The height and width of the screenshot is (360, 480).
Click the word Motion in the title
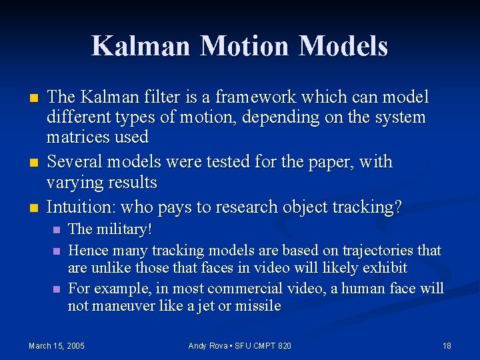(246, 46)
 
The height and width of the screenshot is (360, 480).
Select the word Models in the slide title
(343, 46)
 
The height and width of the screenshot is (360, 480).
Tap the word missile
(259, 307)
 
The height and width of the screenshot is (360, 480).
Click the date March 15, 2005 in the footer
(57, 345)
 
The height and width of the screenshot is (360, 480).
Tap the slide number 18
(447, 345)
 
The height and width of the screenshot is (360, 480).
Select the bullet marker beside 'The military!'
(56, 230)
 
